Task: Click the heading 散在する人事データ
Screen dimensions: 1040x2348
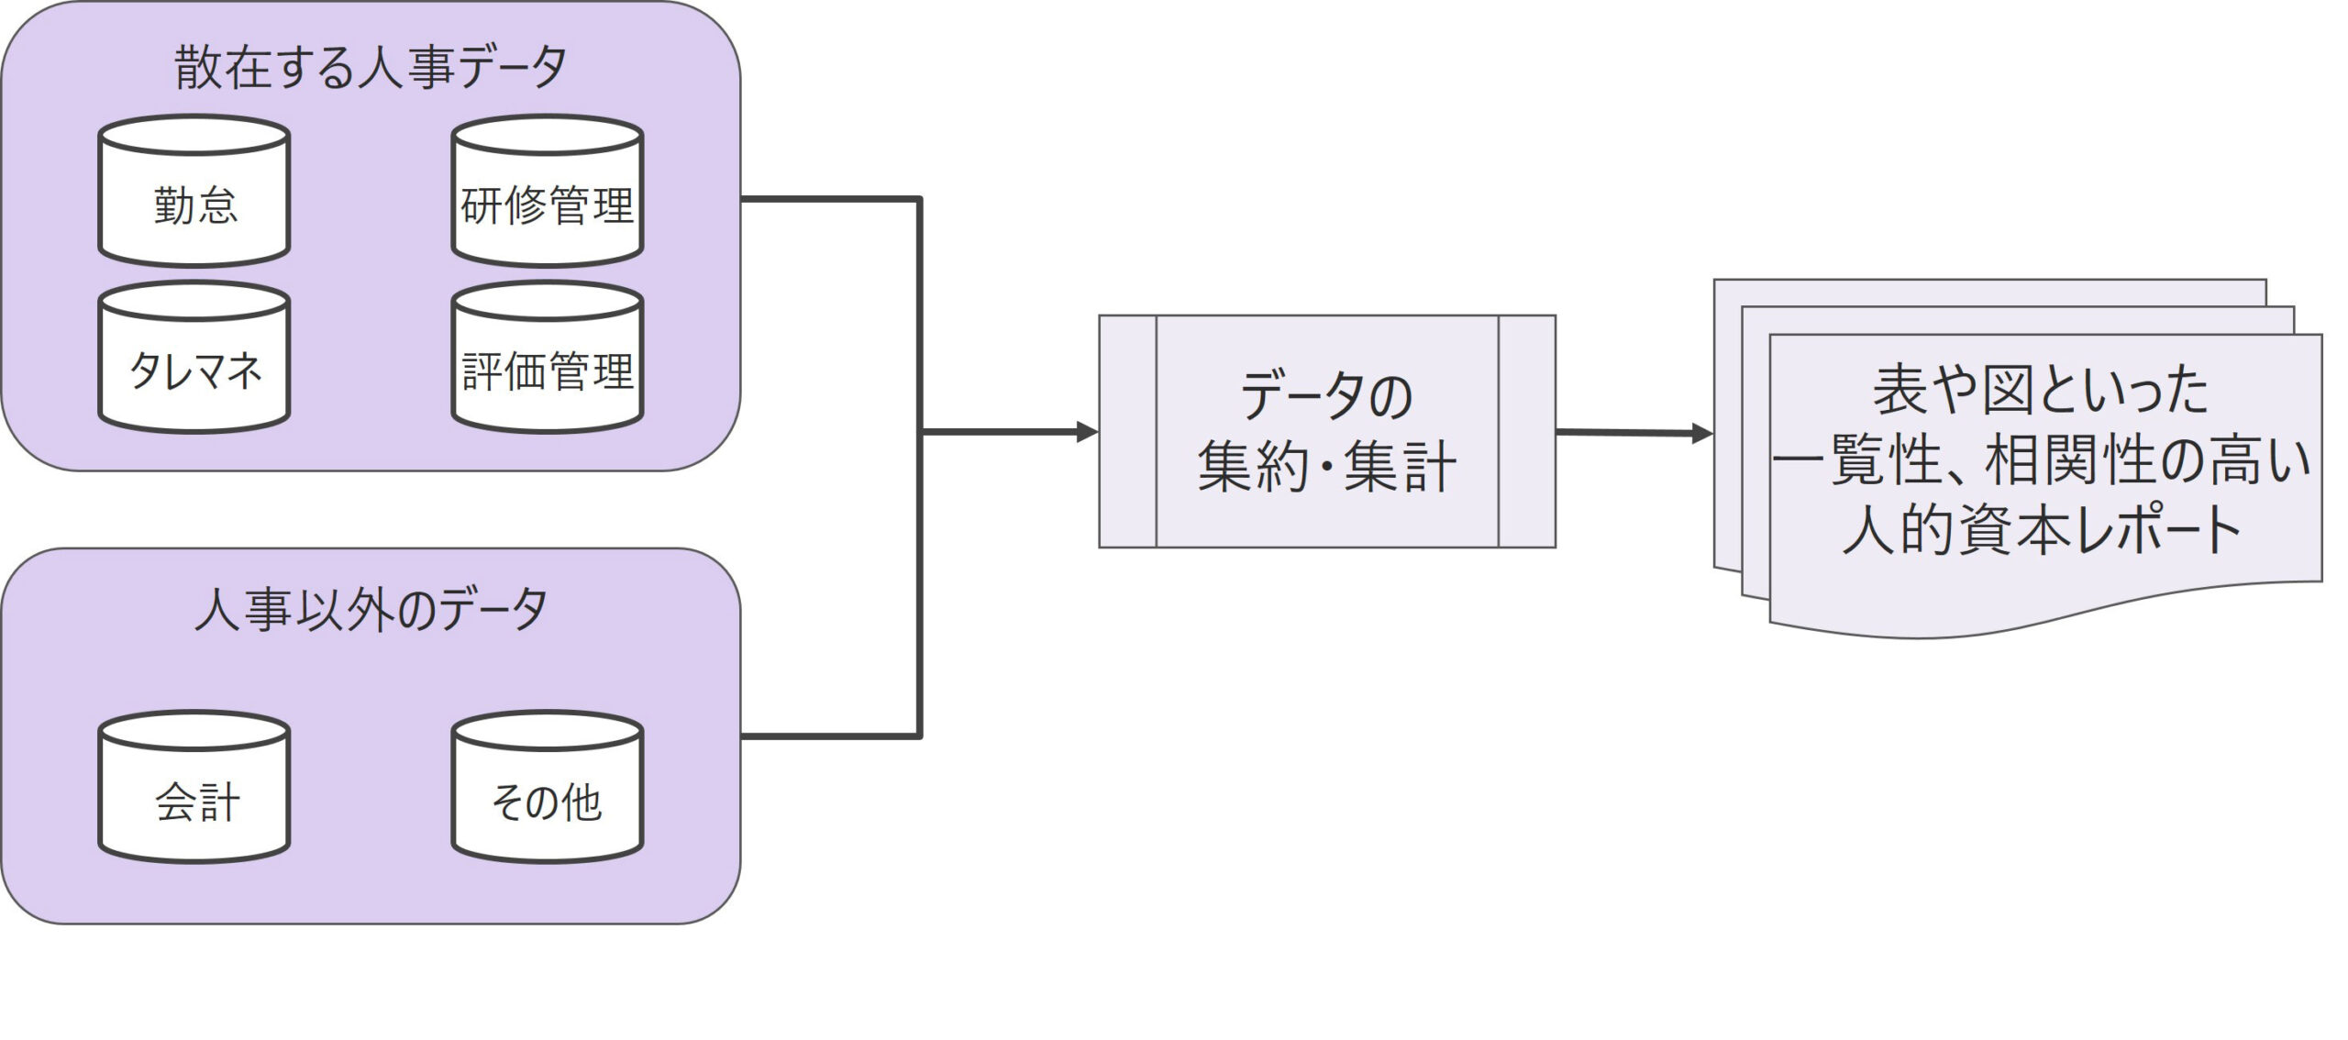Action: [371, 68]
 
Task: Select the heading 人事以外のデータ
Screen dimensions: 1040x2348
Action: [371, 610]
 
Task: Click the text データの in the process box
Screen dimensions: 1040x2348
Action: [1326, 396]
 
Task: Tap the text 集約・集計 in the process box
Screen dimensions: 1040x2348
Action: [1326, 468]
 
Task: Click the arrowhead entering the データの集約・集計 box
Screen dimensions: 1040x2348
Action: [1088, 432]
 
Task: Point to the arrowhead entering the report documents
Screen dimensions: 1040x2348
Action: [1702, 434]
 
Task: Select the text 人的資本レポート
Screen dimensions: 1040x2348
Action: [2042, 530]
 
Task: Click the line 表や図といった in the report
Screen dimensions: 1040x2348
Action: [2042, 390]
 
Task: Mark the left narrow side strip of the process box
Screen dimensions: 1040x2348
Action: [1128, 432]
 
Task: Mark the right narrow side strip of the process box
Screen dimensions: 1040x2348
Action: [1527, 432]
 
